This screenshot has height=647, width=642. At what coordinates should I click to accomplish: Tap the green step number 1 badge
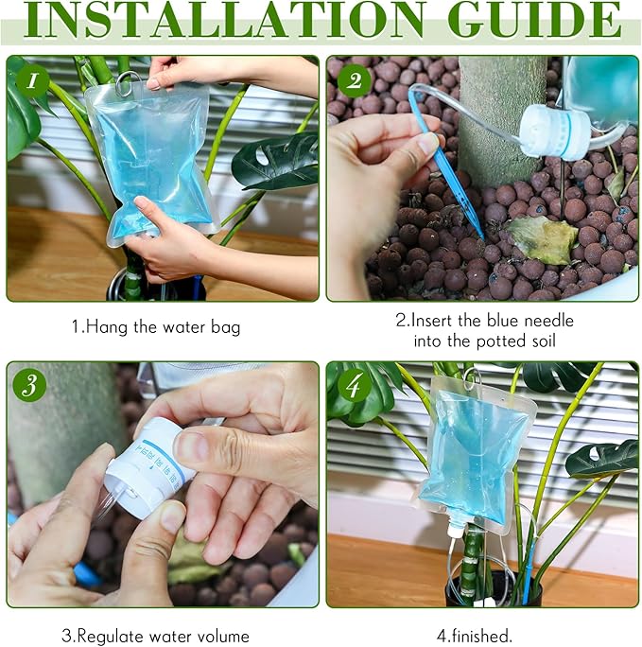(x=33, y=81)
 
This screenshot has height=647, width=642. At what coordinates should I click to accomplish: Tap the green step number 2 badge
(x=354, y=81)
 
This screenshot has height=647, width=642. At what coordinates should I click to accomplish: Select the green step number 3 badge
(x=33, y=386)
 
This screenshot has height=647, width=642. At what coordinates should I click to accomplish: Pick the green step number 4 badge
(x=354, y=386)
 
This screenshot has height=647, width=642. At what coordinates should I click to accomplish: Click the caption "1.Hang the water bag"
(x=156, y=327)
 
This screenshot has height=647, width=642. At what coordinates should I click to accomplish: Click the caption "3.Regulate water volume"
(x=155, y=636)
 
